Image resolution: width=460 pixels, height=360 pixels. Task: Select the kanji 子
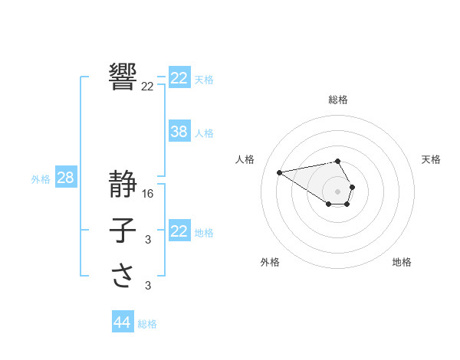pyautogui.click(x=123, y=231)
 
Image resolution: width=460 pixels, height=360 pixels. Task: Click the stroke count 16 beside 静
pyautogui.click(x=149, y=194)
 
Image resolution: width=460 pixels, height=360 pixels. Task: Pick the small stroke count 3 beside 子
pyautogui.click(x=148, y=241)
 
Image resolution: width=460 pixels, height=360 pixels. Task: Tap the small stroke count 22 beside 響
pyautogui.click(x=147, y=87)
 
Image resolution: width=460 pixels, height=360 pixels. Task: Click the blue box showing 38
pyautogui.click(x=179, y=132)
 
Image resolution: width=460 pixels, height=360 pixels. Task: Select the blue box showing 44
pyautogui.click(x=122, y=322)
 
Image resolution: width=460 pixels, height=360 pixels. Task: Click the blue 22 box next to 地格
pyautogui.click(x=179, y=231)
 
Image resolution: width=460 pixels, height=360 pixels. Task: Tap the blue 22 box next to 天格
pyautogui.click(x=179, y=78)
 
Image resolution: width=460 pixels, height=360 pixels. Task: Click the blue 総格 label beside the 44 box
pyautogui.click(x=147, y=324)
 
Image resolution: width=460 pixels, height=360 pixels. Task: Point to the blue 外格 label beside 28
pyautogui.click(x=41, y=179)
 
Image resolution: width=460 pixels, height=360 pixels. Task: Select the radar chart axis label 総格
pyautogui.click(x=338, y=100)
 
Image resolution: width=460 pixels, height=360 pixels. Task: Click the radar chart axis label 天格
pyautogui.click(x=432, y=159)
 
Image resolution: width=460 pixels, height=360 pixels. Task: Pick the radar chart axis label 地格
pyautogui.click(x=402, y=262)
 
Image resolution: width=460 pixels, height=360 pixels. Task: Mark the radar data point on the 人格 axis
pyautogui.click(x=280, y=172)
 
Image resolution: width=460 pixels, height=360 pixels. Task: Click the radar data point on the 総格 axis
pyautogui.click(x=338, y=161)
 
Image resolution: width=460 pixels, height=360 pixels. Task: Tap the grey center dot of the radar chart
pyautogui.click(x=338, y=191)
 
